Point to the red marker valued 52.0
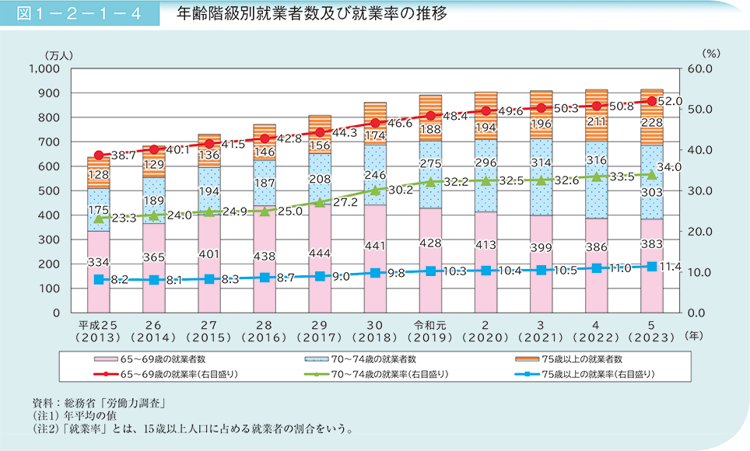click(652, 101)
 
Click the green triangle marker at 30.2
click(376, 190)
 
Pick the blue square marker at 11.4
click(652, 266)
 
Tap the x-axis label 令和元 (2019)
click(430, 330)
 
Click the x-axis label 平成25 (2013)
click(99, 330)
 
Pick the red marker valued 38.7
click(99, 156)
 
